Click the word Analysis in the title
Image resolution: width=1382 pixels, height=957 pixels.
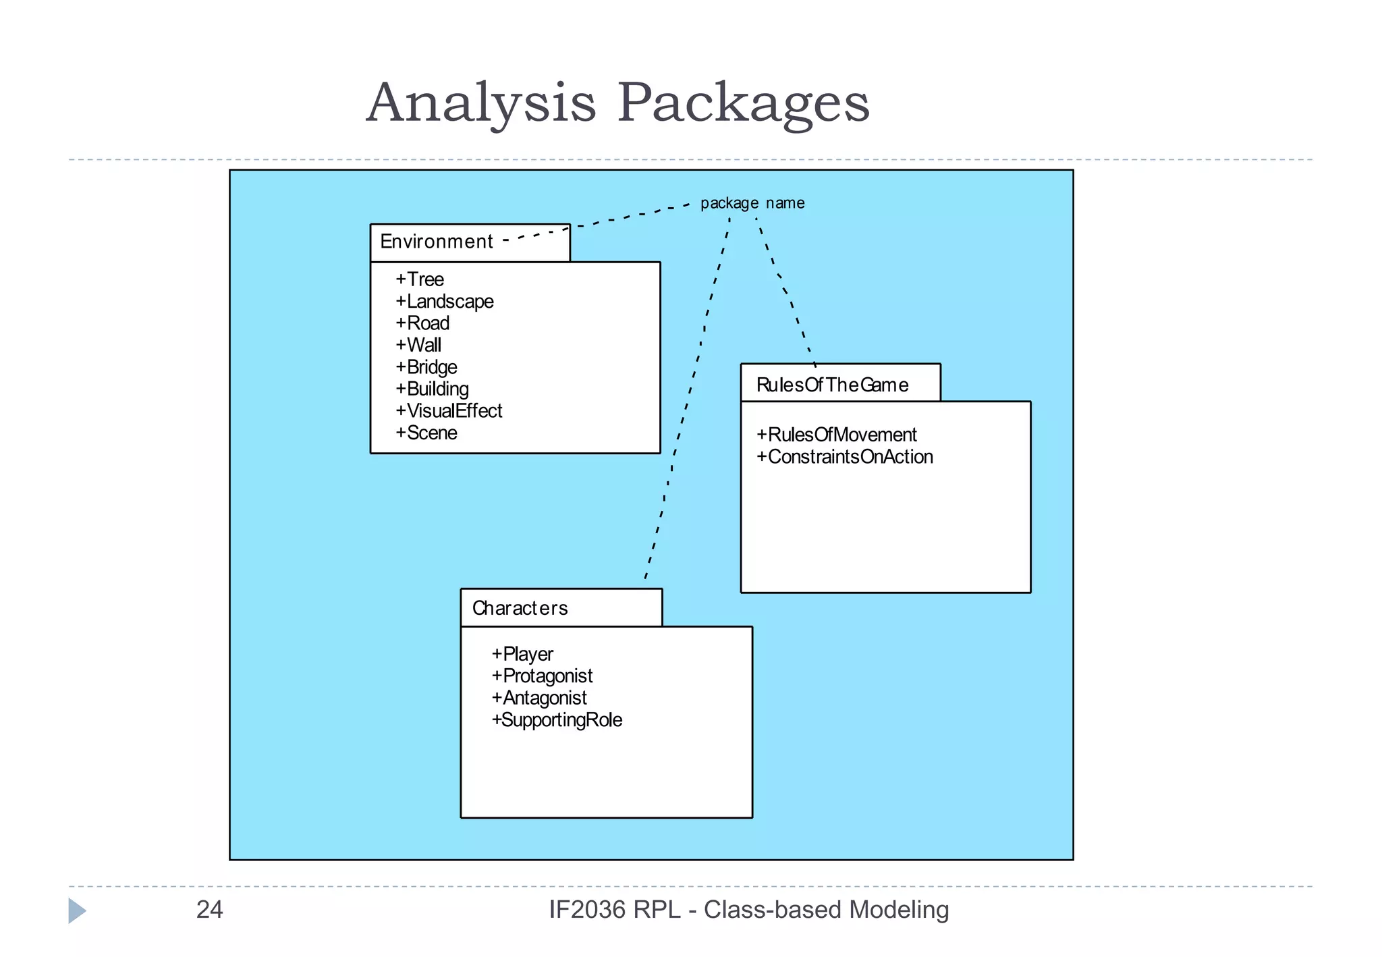tap(481, 103)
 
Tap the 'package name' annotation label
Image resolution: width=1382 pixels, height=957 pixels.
tap(752, 203)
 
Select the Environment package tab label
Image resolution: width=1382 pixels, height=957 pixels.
tap(437, 242)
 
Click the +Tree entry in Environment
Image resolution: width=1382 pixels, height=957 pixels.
tap(420, 279)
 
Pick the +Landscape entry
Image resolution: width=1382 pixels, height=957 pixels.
tap(445, 302)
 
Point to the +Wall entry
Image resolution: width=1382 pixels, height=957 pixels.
tap(418, 345)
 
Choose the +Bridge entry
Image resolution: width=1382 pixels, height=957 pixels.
tap(426, 367)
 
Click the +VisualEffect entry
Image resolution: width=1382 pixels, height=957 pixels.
tap(449, 411)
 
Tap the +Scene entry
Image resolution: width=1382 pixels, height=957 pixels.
tap(426, 433)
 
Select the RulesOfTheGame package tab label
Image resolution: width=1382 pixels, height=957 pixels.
tap(832, 385)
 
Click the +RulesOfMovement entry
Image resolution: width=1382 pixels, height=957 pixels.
tap(837, 435)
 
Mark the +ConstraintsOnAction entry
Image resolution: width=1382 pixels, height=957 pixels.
tap(845, 457)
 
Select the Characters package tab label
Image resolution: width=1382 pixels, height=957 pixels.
tap(520, 608)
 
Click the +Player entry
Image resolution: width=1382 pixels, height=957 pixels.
tap(522, 654)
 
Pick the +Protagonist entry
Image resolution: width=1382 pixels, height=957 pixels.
tap(542, 676)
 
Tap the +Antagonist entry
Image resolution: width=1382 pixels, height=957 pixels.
tap(539, 698)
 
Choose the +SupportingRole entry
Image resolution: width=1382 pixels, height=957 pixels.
tap(557, 719)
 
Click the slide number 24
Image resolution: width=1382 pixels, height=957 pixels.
tap(209, 910)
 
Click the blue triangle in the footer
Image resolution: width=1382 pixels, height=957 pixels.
tap(76, 910)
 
